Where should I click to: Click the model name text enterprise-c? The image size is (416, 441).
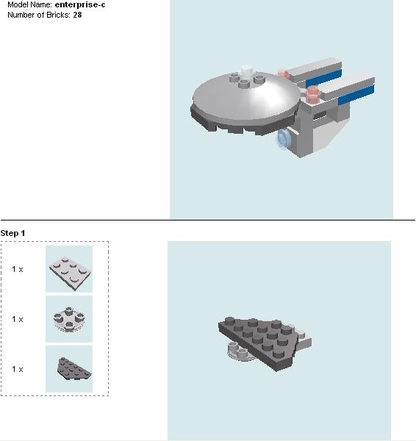(x=81, y=4)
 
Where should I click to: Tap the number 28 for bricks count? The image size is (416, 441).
(x=77, y=14)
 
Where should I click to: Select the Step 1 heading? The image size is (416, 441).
(x=13, y=233)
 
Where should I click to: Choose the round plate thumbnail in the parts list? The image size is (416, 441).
(x=69, y=319)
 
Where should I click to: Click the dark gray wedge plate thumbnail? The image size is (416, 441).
(x=69, y=368)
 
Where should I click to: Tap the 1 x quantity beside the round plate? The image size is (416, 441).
(x=18, y=319)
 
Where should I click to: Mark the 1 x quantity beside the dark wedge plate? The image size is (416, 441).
(x=18, y=369)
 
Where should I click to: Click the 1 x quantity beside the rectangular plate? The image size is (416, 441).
(x=18, y=269)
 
